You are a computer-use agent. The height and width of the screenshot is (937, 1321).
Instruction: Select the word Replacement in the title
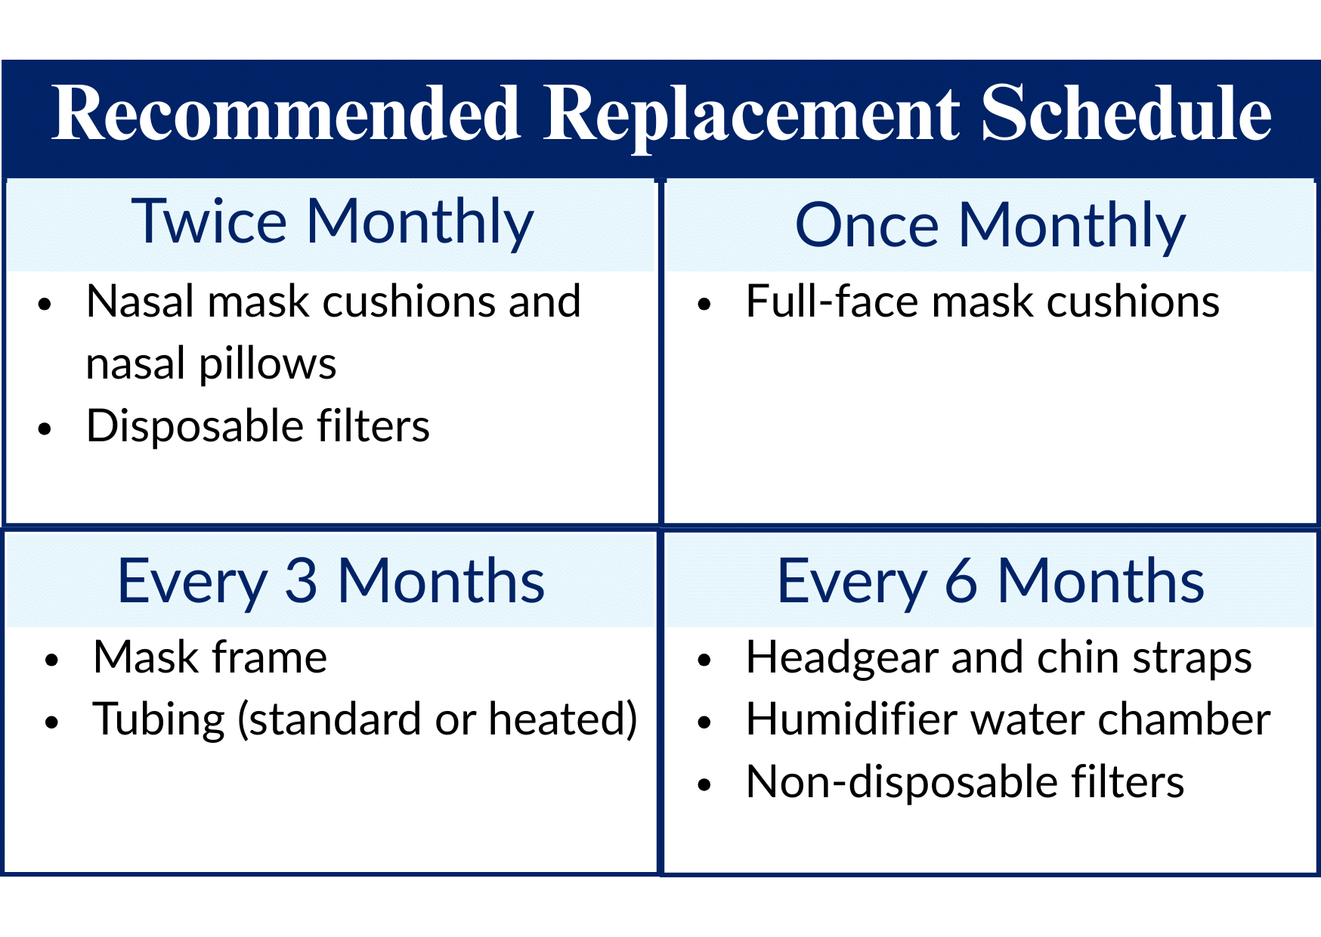coord(751,115)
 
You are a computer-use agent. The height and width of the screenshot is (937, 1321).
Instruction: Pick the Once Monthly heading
coord(990,225)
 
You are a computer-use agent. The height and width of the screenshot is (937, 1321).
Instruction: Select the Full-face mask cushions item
coord(982,302)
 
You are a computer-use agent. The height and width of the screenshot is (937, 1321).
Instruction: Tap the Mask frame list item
coord(210,657)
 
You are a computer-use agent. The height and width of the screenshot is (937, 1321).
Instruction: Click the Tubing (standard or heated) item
coord(365,719)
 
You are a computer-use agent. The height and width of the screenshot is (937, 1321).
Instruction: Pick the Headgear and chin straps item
coord(998,657)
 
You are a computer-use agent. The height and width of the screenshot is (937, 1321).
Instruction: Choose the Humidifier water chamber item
coord(1007,719)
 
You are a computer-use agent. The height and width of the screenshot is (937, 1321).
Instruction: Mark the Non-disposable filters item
coord(964,781)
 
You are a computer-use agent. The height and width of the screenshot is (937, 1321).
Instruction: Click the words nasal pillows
coord(211,364)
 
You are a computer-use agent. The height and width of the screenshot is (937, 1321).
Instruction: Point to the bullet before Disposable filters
coord(45,428)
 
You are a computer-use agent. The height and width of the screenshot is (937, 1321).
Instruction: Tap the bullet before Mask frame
coord(51,660)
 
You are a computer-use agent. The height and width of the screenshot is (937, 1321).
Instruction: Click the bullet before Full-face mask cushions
coord(704,305)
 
